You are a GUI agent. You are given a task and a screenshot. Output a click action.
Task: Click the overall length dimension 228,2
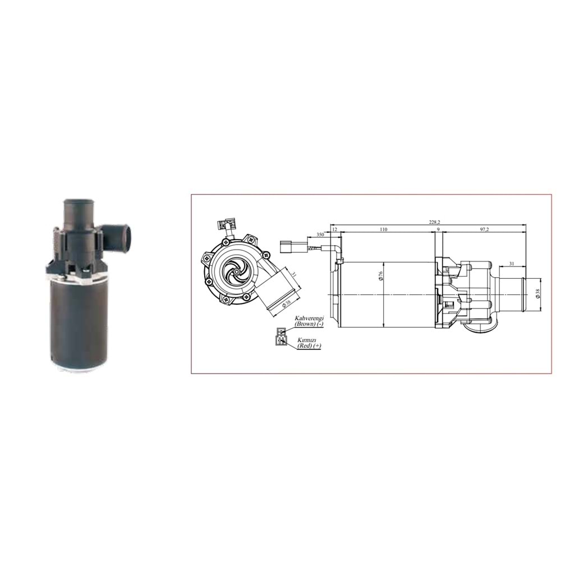434,222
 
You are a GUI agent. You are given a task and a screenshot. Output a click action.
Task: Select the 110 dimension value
383,230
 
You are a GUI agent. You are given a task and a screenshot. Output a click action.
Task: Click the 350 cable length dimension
320,234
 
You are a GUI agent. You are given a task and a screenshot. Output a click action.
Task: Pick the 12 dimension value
335,230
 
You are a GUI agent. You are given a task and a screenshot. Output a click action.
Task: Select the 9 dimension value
438,230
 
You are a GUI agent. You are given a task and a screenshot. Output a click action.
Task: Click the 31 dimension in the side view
511,264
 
